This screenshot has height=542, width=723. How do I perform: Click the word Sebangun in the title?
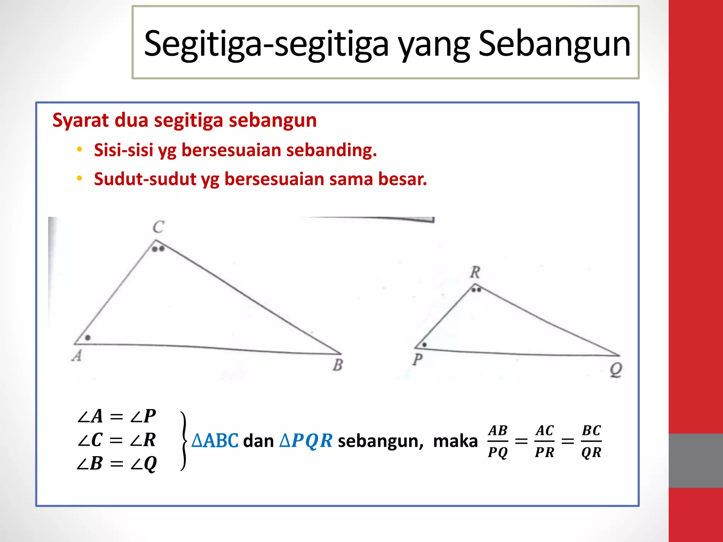pos(554,44)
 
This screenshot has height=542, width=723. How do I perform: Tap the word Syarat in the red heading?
pos(80,120)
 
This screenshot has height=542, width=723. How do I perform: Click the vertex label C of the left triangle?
pos(159,227)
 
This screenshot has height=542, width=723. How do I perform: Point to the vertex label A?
pos(77,356)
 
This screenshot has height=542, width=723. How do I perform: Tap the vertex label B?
pos(337,365)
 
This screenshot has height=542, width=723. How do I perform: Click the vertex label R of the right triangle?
pos(475,272)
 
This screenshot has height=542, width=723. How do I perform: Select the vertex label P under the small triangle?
pos(418,360)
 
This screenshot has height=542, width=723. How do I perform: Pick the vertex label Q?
pos(616,370)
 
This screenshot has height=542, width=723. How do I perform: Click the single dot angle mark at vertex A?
pos(88,338)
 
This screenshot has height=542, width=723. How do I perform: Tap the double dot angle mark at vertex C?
pos(158,249)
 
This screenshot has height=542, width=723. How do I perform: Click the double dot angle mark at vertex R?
pos(476,290)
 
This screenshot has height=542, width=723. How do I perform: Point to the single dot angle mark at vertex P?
pos(425,345)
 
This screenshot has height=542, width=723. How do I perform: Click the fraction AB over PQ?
pos(498,441)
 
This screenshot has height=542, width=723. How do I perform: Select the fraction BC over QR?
pos(591,441)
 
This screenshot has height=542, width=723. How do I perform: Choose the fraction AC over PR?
pos(545,441)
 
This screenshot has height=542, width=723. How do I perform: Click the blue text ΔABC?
pos(215,441)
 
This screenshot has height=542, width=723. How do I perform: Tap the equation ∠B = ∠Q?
pos(116,464)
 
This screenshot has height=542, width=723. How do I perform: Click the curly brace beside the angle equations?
pos(184,441)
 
